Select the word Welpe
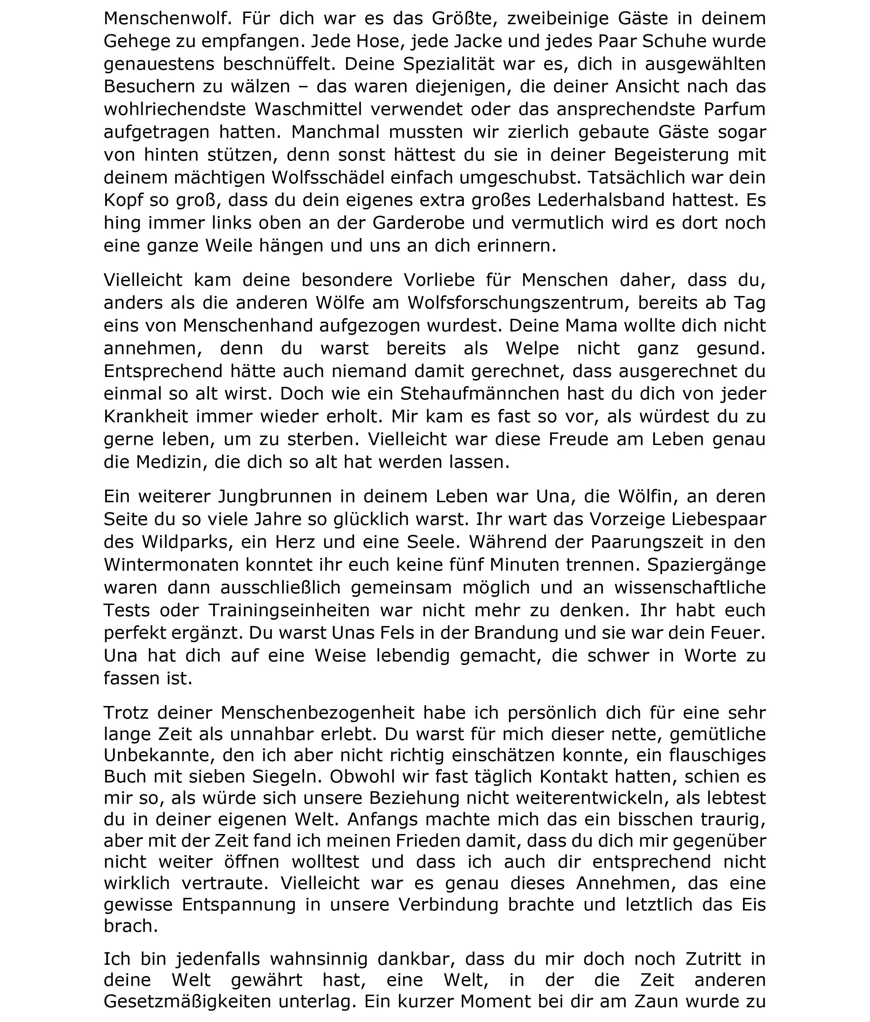click(x=533, y=349)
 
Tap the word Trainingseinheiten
click(x=289, y=610)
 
